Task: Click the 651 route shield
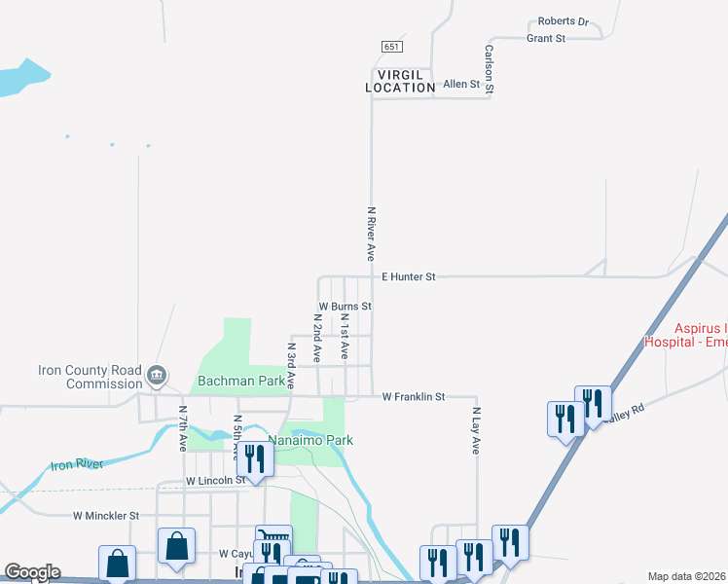click(391, 47)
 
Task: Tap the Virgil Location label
click(400, 81)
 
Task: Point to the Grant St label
click(546, 39)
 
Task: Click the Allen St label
click(461, 85)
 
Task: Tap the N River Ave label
click(371, 233)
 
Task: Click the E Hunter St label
click(408, 277)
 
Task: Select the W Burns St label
click(345, 307)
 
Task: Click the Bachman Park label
click(242, 381)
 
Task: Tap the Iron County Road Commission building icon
click(157, 376)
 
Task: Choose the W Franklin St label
click(413, 397)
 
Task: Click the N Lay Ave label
click(476, 431)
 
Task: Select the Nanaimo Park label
click(310, 441)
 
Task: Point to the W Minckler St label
click(106, 515)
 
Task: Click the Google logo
click(32, 572)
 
